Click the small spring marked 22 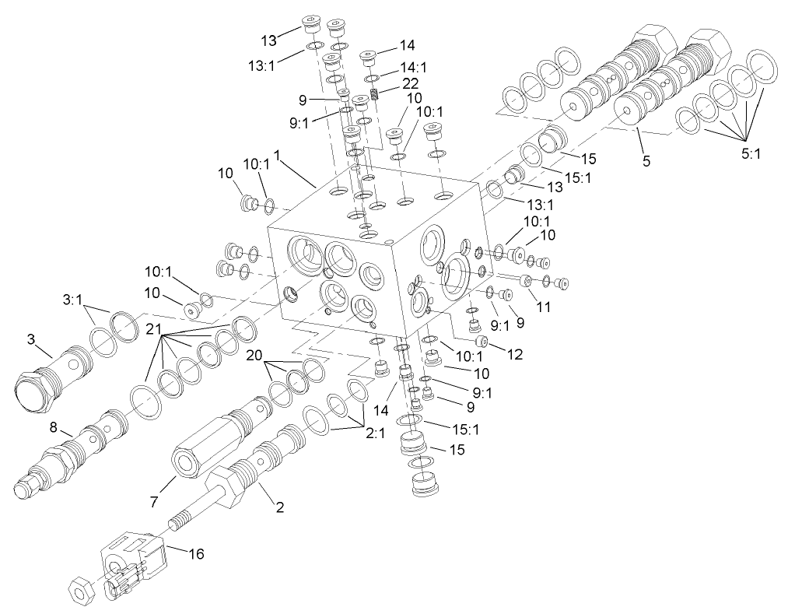[x=374, y=95]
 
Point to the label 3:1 [x=73, y=297]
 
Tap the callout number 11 [x=544, y=307]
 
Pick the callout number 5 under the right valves [x=646, y=161]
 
